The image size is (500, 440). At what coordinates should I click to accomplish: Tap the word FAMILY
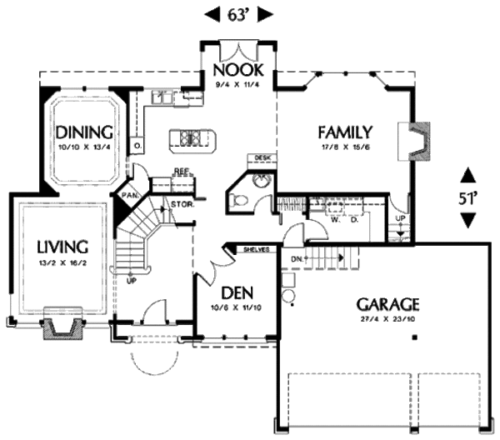click(x=343, y=132)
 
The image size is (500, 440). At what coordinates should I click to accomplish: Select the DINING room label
click(x=84, y=132)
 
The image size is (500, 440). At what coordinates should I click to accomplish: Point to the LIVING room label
click(x=62, y=247)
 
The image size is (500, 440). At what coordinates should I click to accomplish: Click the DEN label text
click(x=237, y=294)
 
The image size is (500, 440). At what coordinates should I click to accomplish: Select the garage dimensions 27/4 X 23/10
click(x=387, y=319)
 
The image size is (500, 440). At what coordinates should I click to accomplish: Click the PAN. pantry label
click(x=129, y=195)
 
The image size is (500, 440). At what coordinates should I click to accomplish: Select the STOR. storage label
click(x=182, y=203)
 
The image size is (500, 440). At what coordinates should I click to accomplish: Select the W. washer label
click(x=335, y=221)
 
